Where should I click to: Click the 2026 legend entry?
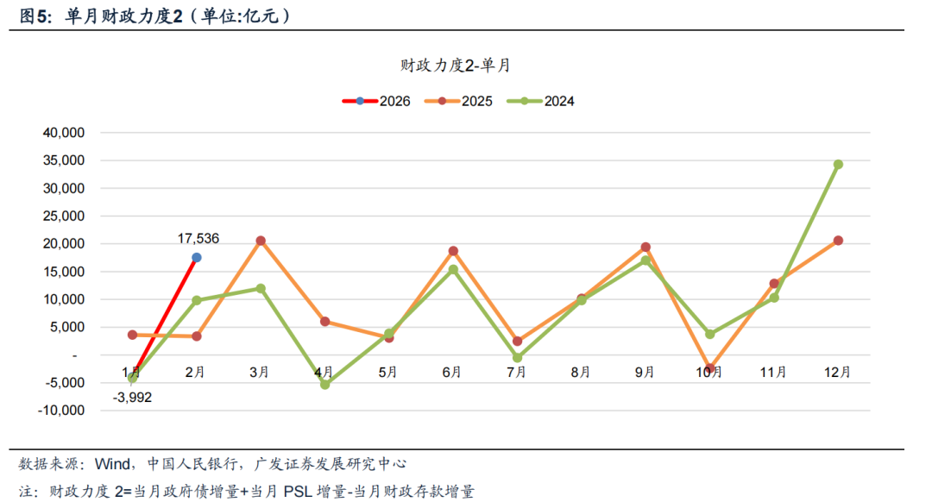pos(375,101)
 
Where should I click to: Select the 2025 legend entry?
pos(458,101)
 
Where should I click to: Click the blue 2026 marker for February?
pos(197,257)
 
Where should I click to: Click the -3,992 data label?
pos(132,398)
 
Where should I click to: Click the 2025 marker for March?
pos(261,241)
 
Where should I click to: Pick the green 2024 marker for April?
pos(324,385)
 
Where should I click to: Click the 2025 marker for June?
pos(453,251)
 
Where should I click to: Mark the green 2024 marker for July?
pos(517,358)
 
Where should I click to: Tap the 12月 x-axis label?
pos(838,373)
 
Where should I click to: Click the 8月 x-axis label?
pos(581,373)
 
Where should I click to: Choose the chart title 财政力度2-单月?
pos(456,65)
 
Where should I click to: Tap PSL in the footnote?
pos(294,492)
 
